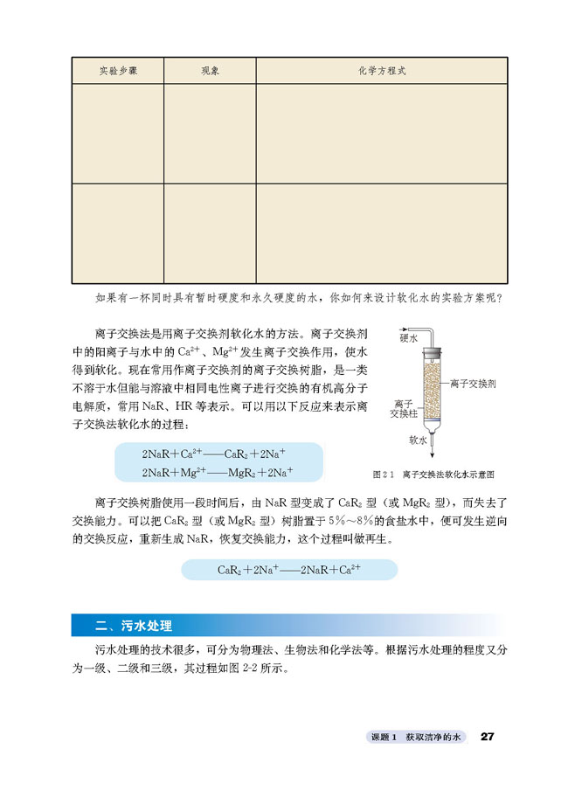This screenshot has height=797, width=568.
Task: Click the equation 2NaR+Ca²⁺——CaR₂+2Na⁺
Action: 214,454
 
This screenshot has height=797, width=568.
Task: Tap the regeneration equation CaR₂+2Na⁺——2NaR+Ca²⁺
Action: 289,570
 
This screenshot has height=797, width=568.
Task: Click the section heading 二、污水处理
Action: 135,626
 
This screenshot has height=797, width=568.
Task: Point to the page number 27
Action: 488,738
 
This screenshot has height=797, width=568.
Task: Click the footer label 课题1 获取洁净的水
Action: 414,738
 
